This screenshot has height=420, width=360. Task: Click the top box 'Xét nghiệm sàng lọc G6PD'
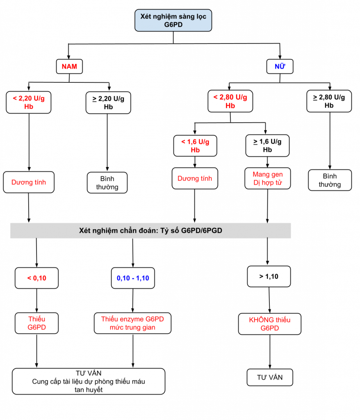tap(173, 21)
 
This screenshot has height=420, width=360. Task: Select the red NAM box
tap(69, 66)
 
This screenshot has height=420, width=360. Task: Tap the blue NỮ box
tap(280, 66)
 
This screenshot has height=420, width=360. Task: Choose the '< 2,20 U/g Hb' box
tap(29, 102)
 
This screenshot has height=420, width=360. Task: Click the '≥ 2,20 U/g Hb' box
tap(108, 103)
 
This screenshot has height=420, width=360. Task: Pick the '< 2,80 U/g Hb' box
tap(230, 101)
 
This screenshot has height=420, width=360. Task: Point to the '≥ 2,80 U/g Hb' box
tap(329, 101)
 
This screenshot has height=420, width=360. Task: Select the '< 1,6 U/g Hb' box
tap(195, 146)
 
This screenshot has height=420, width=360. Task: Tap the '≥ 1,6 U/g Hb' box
tap(268, 146)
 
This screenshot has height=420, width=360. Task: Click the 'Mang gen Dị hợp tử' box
tap(268, 178)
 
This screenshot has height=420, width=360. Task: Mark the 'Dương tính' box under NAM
tap(29, 182)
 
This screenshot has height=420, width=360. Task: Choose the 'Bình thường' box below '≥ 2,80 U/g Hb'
tap(330, 180)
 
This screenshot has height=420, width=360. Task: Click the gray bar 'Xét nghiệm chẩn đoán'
tap(150, 231)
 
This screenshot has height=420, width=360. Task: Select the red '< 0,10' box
tap(36, 278)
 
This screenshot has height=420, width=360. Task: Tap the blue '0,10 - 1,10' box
tap(133, 278)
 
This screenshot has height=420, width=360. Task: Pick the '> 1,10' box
tap(269, 276)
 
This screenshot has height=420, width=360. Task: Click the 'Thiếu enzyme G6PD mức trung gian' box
tap(132, 323)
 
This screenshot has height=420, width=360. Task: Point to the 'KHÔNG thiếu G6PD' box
tap(270, 324)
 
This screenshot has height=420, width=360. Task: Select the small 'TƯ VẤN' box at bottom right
tap(270, 377)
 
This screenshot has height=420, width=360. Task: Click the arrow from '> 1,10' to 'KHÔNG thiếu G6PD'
tap(269, 300)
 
